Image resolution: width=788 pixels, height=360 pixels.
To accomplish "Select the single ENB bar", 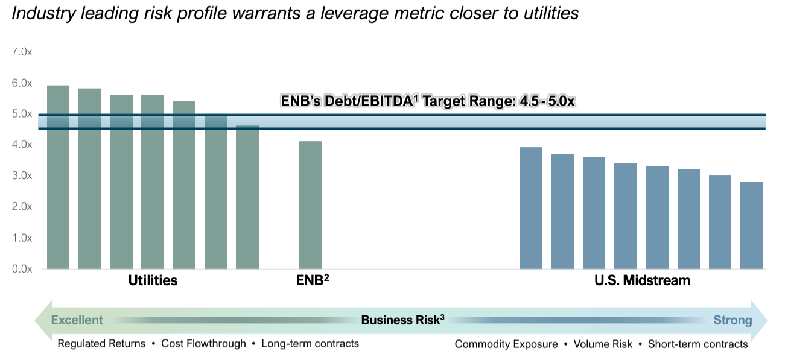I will tap(310, 205).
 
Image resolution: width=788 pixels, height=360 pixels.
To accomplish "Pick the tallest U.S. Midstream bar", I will tap(531, 208).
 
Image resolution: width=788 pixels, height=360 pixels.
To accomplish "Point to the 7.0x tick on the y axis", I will tap(22, 52).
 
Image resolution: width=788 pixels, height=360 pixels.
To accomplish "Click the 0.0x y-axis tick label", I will tap(22, 269).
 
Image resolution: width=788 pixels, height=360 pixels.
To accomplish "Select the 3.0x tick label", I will tap(22, 176).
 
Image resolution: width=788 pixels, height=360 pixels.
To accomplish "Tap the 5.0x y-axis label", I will tap(22, 114).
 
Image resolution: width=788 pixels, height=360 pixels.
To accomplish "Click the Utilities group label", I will tap(153, 281).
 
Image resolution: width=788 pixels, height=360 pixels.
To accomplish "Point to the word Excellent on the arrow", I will tap(77, 320).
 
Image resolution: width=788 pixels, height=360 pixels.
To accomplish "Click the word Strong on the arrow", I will tap(732, 320).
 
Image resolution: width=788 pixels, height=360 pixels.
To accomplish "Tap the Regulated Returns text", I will tap(101, 344).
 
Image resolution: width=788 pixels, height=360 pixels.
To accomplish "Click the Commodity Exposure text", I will tap(506, 344).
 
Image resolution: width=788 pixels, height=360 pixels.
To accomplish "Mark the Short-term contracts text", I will tap(697, 344).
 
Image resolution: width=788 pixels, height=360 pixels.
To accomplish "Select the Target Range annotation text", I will tap(428, 101).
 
